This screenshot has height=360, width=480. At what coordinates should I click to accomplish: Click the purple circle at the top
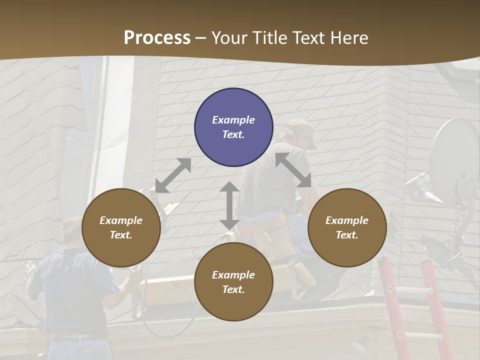233,127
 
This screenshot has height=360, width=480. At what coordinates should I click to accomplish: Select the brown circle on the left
121,227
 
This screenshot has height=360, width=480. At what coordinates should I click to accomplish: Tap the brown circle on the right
347,227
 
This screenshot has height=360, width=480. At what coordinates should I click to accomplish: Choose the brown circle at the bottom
233,282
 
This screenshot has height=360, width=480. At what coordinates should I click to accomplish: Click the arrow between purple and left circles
173,175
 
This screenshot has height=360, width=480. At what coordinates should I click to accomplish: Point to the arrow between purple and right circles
293,170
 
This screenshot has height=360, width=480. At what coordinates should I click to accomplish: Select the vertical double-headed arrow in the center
229,205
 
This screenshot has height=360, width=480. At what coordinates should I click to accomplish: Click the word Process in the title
157,37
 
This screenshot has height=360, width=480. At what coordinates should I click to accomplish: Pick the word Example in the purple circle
233,120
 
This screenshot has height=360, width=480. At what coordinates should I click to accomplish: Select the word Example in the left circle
121,220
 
